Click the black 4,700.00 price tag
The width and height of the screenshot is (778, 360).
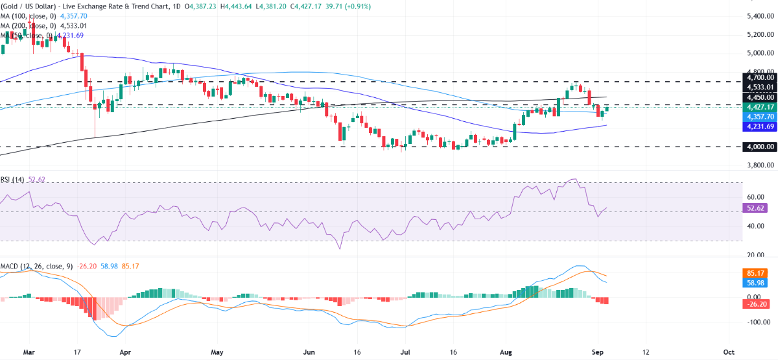759,77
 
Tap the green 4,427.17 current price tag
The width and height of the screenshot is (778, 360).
759,107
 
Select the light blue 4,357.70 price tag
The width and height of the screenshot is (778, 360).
759,117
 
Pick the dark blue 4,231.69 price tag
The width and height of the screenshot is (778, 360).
759,126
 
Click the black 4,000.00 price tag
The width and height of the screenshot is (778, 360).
759,147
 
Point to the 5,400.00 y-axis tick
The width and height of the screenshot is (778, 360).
759,16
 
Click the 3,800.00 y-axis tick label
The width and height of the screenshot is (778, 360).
759,165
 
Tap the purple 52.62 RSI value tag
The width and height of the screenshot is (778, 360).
755,208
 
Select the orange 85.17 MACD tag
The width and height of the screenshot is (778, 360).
755,273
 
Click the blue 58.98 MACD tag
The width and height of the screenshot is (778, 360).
755,283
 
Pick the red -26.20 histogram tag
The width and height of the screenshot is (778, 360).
755,304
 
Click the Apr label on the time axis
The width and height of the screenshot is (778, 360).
125,352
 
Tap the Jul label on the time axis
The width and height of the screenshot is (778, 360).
405,352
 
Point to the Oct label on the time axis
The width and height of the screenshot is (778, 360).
728,352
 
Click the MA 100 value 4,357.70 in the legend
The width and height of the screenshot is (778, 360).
74,16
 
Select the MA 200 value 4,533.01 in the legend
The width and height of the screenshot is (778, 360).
73,26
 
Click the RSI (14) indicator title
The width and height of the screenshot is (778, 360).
12,180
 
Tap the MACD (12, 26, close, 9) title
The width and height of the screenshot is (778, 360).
36,267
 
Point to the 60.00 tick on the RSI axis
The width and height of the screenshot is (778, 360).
755,197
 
